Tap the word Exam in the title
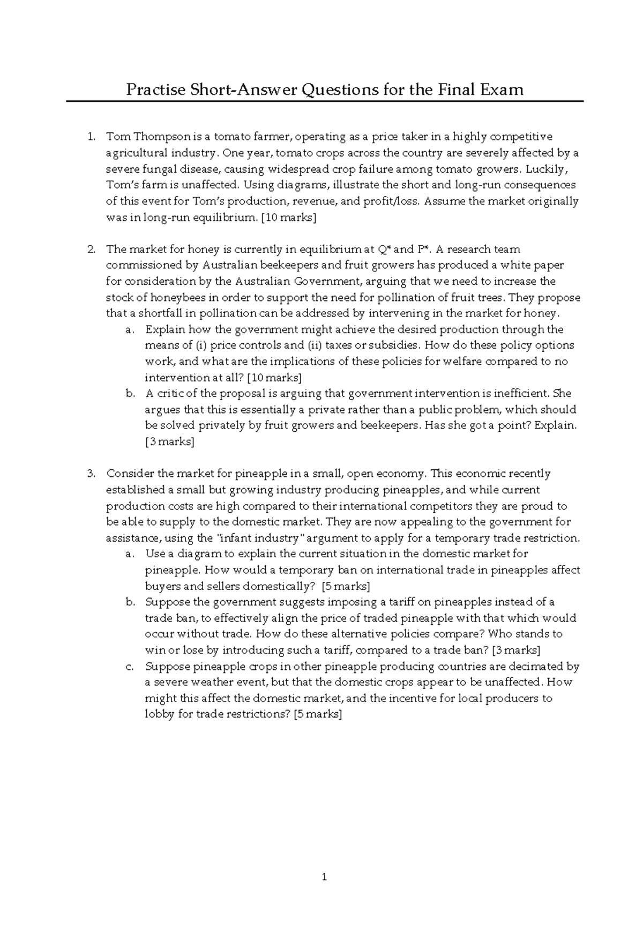point(502,89)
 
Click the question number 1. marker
point(91,137)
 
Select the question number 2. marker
point(91,249)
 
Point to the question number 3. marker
point(91,474)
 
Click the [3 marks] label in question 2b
point(169,442)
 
